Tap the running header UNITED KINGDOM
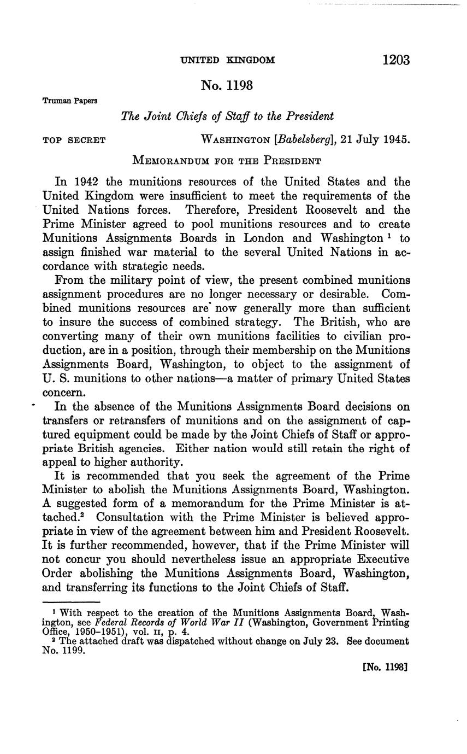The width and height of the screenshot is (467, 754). pos(228,60)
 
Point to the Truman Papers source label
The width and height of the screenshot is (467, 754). pos(70,101)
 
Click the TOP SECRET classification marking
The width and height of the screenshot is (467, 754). pos(74,140)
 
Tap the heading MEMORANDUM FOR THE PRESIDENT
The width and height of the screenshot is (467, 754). pos(227,161)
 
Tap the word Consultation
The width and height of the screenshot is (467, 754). pos(125,517)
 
